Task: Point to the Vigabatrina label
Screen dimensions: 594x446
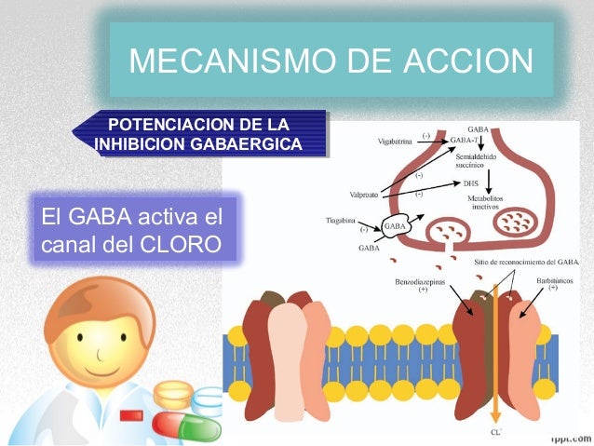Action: coord(395,142)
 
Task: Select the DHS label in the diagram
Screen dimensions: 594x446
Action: coord(471,183)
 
